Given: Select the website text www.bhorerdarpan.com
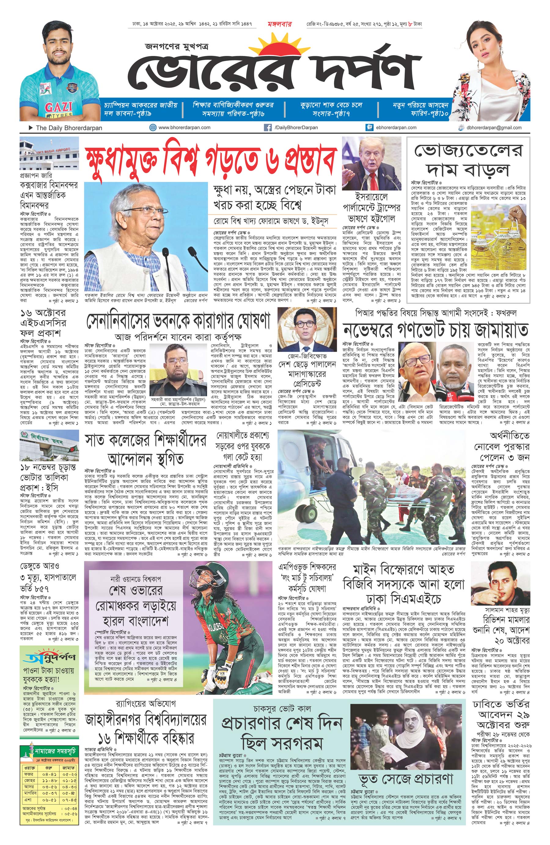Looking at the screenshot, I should pyautogui.click(x=184, y=127).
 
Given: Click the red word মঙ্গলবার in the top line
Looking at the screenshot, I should pyautogui.click(x=280, y=24).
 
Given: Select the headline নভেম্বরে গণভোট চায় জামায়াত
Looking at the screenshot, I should pyautogui.click(x=435, y=330).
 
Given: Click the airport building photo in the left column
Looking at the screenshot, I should pyautogui.click(x=49, y=153).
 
